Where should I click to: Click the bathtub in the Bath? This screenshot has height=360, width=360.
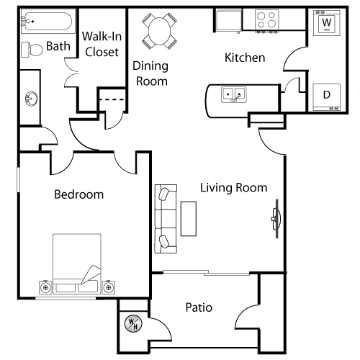(x=48, y=21)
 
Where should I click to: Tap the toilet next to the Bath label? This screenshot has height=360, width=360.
(x=32, y=50)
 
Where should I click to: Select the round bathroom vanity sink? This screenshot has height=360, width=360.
(x=32, y=99)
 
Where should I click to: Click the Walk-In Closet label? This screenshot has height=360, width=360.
(x=102, y=44)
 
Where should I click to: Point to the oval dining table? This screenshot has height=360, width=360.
(x=159, y=31)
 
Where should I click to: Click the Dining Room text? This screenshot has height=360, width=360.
(x=150, y=73)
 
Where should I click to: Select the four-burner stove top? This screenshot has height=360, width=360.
(x=267, y=20)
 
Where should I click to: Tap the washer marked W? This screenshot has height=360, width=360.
(x=327, y=23)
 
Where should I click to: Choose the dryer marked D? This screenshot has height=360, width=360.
(x=327, y=97)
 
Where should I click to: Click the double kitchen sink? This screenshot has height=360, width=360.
(x=234, y=94)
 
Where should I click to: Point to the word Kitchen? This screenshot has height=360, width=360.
(x=245, y=58)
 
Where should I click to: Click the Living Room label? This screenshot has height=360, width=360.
(x=233, y=188)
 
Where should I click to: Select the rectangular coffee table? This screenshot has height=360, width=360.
(x=189, y=219)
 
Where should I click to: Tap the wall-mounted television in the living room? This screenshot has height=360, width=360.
(x=276, y=219)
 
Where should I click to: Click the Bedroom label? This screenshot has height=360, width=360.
(x=79, y=194)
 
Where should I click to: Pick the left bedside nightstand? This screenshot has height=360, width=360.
(x=45, y=287)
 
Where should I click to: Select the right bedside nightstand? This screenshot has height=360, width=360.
(x=109, y=287)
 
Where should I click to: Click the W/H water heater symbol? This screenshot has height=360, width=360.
(x=133, y=323)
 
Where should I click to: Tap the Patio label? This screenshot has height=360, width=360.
(x=199, y=307)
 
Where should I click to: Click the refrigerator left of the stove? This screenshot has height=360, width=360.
(x=229, y=21)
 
